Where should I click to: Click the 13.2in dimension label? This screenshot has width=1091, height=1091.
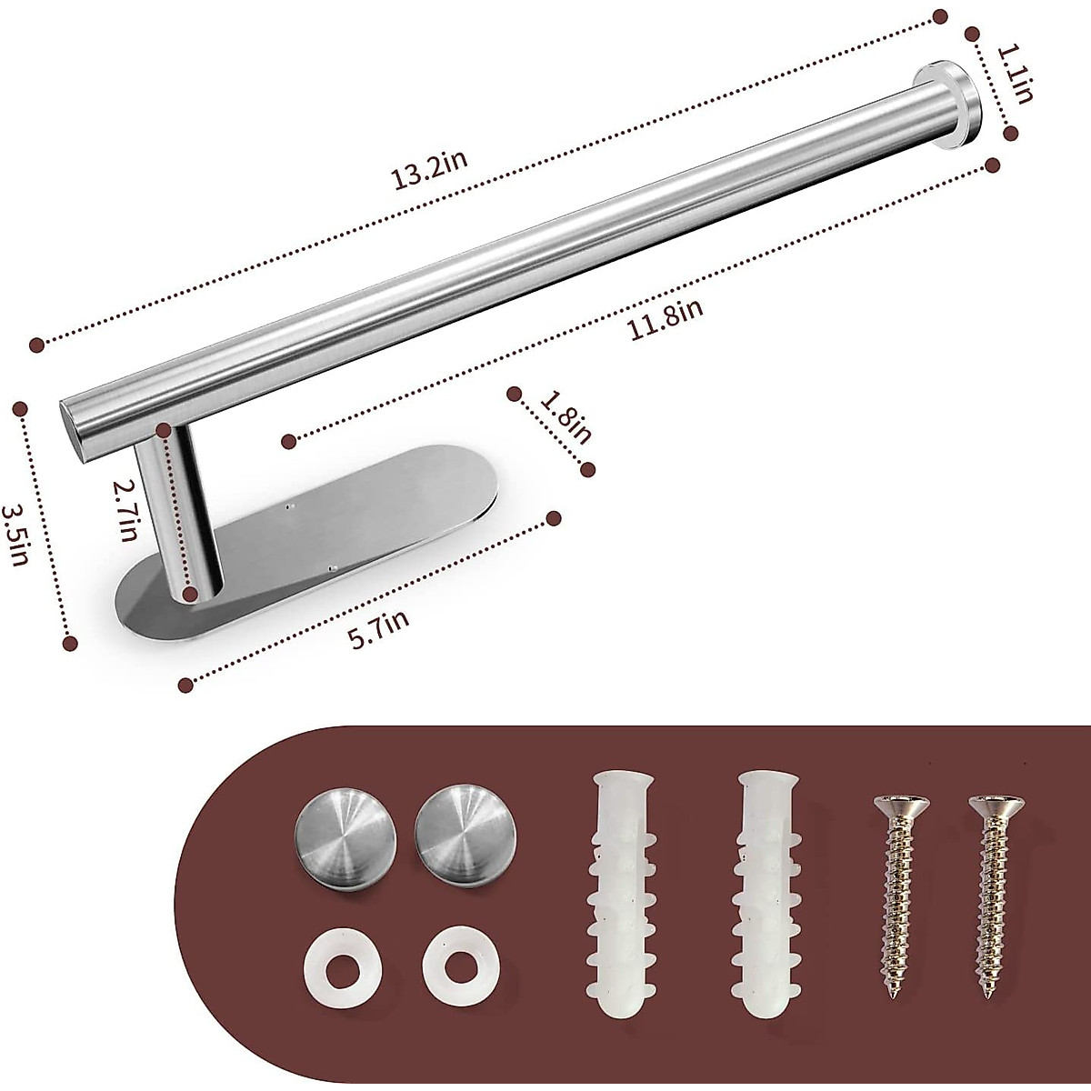tap(431, 170)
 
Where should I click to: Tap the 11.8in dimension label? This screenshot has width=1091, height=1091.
tap(666, 319)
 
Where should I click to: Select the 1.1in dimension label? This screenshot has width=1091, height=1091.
tap(1014, 75)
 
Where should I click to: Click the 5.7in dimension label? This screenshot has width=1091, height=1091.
tap(379, 629)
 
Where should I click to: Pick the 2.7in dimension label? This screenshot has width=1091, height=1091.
tap(125, 511)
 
